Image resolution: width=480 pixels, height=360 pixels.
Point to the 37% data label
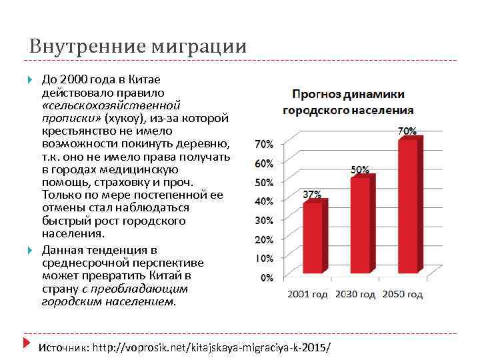[x=312, y=195]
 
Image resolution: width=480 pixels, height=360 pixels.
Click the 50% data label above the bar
[x=360, y=169]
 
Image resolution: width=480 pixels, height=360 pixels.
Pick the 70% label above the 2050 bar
[x=407, y=131]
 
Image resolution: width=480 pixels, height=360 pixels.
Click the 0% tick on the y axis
[x=265, y=277]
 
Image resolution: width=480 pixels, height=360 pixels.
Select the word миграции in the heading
[x=199, y=47]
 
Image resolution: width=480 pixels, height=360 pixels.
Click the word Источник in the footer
[x=63, y=347]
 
